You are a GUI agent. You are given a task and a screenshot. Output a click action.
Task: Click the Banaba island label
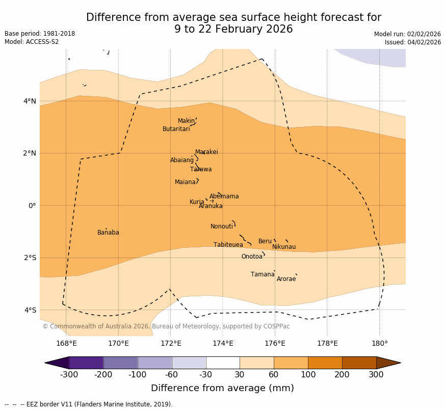108,233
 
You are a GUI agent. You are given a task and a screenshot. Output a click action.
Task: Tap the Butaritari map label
176,129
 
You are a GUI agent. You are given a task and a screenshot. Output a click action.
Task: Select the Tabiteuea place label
228,245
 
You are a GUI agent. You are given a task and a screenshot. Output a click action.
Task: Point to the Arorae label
286,279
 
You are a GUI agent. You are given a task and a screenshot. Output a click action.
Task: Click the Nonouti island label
222,226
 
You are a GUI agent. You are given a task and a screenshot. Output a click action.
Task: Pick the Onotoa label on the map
252,257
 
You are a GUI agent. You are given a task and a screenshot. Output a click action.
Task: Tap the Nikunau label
284,247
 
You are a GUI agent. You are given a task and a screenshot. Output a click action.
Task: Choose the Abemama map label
224,196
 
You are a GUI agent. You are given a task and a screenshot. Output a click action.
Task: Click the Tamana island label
263,274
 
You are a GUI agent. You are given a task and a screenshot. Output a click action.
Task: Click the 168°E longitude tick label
66,343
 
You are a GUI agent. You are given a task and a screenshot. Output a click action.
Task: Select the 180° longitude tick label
380,343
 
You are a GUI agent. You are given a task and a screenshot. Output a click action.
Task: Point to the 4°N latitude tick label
30,101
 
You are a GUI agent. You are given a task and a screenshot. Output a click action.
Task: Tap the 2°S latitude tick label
30,258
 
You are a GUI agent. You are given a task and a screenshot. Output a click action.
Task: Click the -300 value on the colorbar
69,375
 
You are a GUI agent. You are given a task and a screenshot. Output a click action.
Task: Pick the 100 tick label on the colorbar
308,375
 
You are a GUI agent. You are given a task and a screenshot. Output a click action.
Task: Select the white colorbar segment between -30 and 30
223,363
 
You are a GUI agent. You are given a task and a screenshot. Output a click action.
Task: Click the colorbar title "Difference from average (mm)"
222,388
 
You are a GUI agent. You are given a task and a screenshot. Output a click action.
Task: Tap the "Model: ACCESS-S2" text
32,42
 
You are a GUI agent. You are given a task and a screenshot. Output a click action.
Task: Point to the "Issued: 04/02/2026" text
413,42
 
